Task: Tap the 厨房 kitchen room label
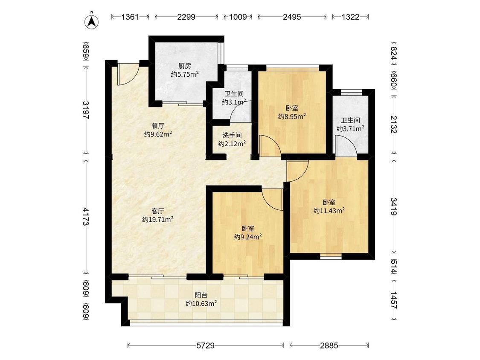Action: click(185, 66)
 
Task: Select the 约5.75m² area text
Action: click(185, 74)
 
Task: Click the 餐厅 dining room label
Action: click(158, 126)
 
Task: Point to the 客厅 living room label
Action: click(158, 211)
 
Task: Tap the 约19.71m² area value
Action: click(158, 220)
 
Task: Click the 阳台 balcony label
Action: click(201, 295)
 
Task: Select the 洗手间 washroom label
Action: click(232, 135)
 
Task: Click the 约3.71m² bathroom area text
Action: click(351, 129)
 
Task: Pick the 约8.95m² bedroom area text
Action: click(292, 116)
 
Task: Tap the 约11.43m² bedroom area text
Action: click(329, 211)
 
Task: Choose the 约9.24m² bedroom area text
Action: click(248, 237)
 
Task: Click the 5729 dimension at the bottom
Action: click(205, 345)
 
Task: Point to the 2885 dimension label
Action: click(329, 345)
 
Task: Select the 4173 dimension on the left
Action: click(86, 217)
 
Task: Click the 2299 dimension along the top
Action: click(186, 17)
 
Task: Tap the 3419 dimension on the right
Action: click(394, 206)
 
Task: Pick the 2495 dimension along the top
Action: click(292, 17)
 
